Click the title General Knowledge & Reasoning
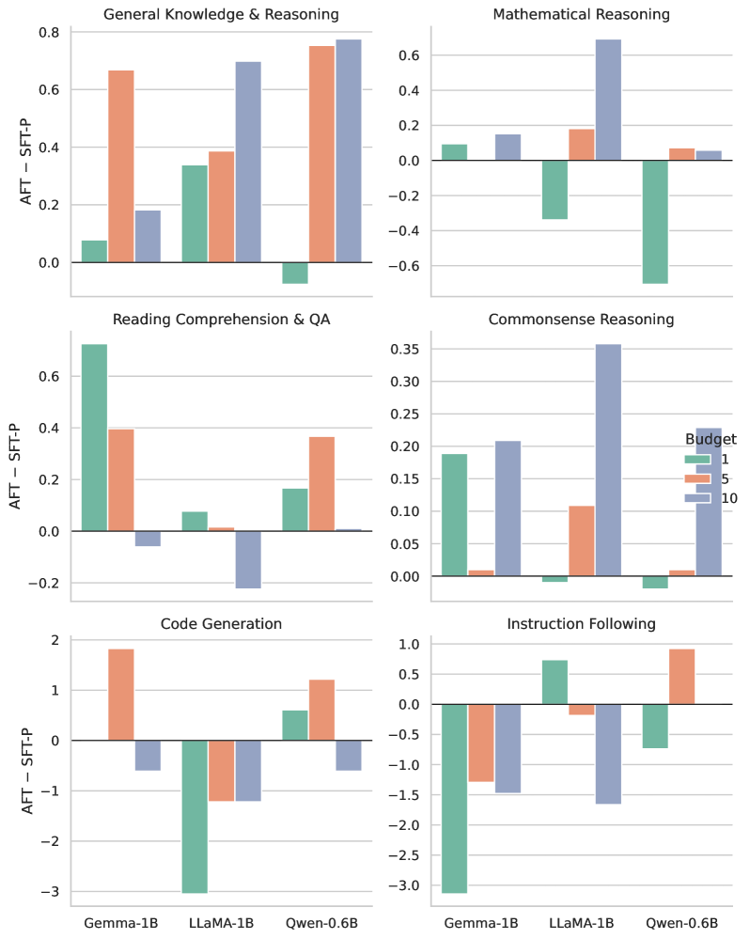[x=221, y=14]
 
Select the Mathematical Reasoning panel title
[x=581, y=14]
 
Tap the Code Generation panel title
[x=221, y=623]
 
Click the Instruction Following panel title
[x=581, y=623]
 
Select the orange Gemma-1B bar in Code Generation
[x=120, y=695]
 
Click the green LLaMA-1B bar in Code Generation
[x=195, y=816]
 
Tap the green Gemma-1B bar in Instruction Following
[x=454, y=798]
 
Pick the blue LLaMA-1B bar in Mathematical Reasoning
[x=608, y=100]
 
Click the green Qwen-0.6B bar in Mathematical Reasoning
[x=654, y=222]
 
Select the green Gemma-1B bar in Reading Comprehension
[x=94, y=437]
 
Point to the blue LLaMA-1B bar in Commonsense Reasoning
[x=608, y=460]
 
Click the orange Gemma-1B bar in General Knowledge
[x=120, y=166]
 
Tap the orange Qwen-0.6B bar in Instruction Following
[x=681, y=676]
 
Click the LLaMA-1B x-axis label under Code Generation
[x=221, y=922]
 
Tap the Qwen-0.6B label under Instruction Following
[x=681, y=922]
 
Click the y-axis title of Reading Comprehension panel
[x=16, y=465]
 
